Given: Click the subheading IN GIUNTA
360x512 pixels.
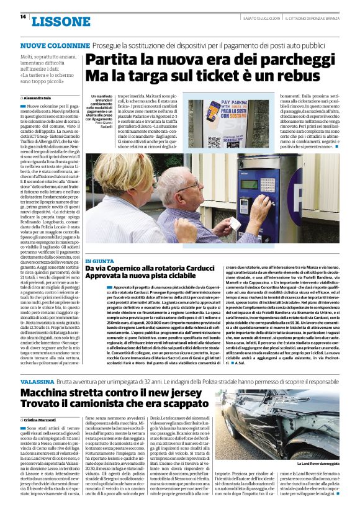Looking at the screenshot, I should pyautogui.click(x=100, y=262).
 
